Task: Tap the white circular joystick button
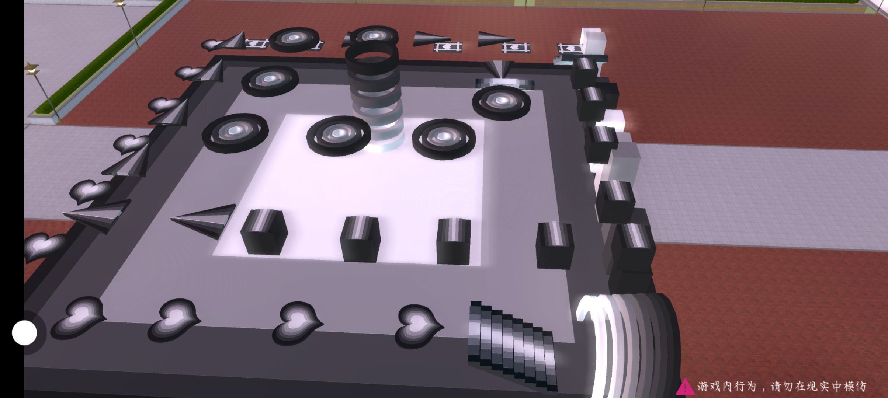[x=24, y=333]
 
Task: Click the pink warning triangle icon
[x=685, y=387]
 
